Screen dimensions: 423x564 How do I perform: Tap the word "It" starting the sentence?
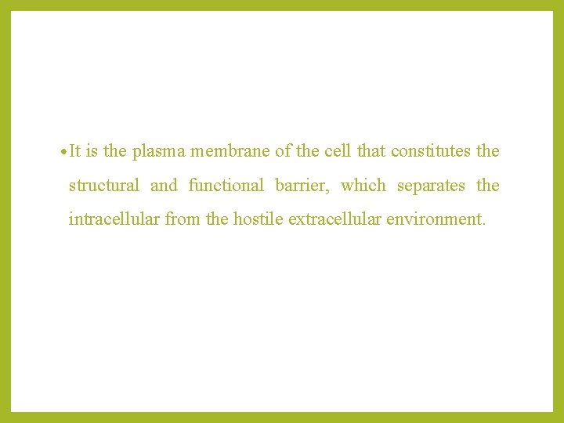pos(75,151)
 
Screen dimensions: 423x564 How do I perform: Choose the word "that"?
pos(371,151)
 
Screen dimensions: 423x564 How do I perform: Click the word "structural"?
pos(104,186)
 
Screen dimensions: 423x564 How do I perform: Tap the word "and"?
pos(164,186)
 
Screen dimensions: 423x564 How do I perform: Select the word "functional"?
pos(226,186)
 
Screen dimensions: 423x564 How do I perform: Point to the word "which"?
pos(363,186)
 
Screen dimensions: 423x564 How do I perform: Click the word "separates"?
pos(431,186)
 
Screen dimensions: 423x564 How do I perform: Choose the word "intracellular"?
pos(114,219)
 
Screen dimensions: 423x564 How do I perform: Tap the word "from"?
pos(183,219)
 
